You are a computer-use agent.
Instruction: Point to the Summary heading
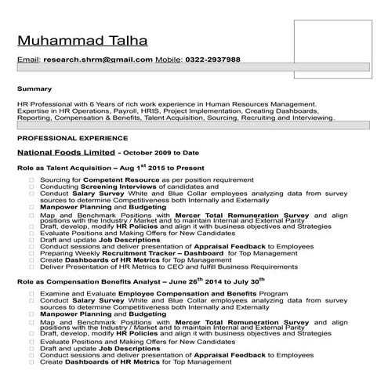tap(34, 89)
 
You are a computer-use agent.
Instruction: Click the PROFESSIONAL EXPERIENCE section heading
tap(64, 136)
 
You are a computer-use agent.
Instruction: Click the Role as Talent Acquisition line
tap(110, 168)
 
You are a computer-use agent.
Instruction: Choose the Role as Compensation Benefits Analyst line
tap(141, 281)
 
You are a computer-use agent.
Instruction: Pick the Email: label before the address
tap(28, 60)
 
